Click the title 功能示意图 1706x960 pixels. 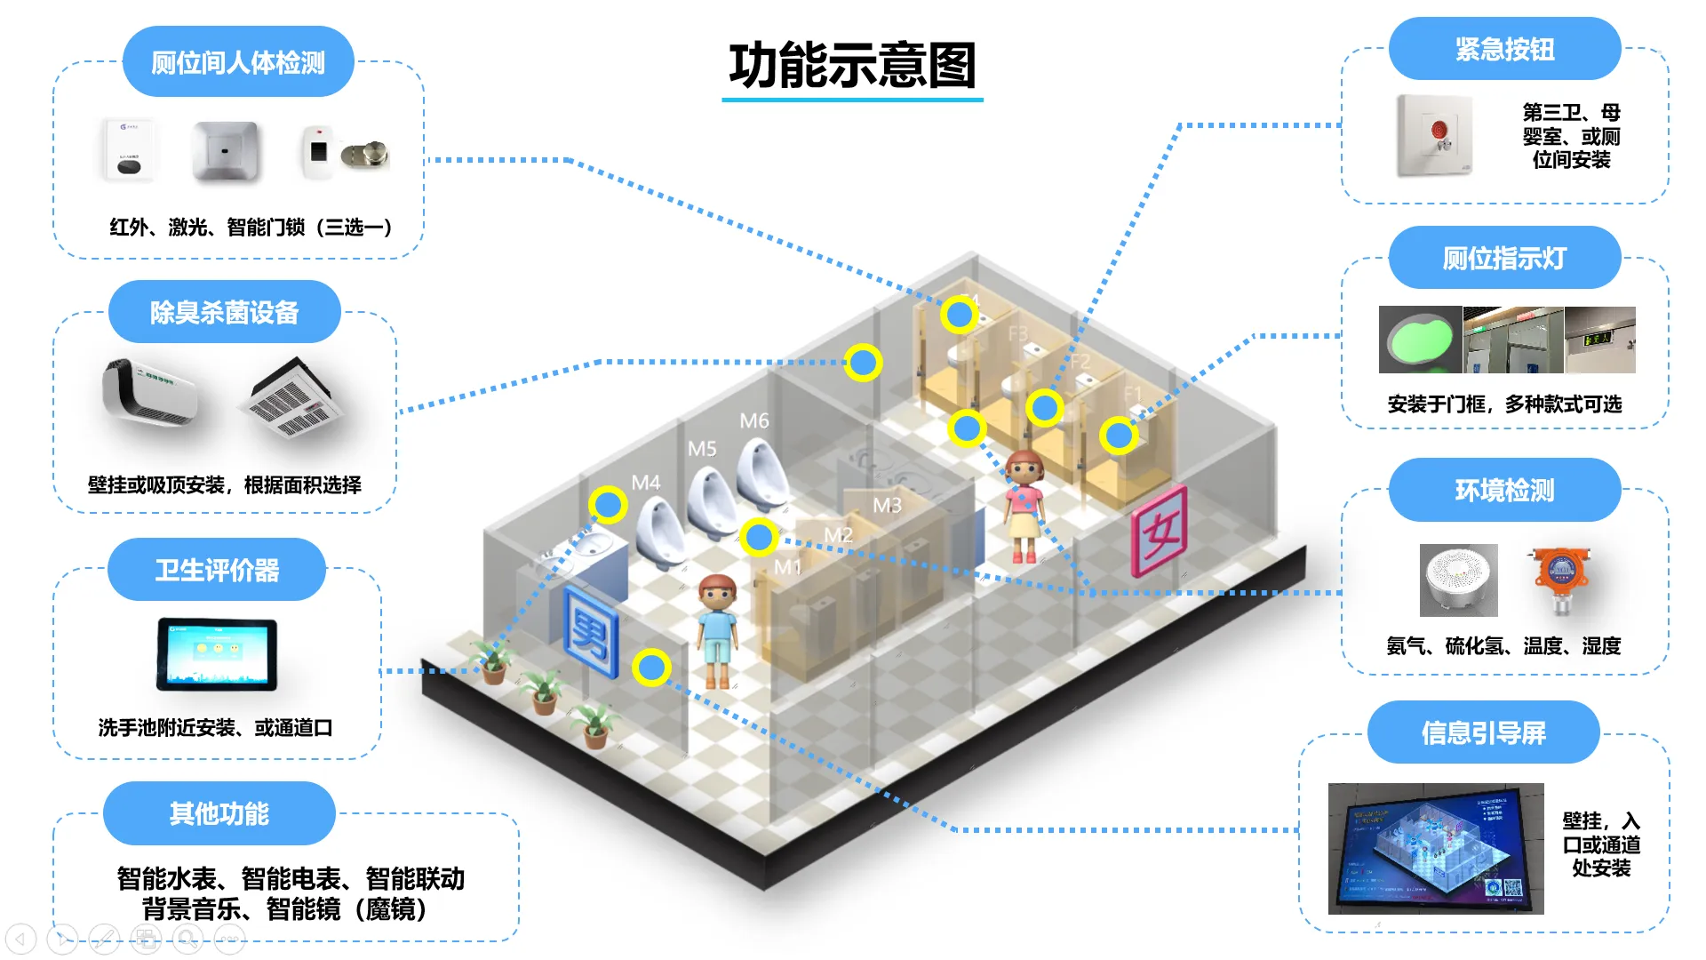[852, 66]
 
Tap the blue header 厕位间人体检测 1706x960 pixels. [238, 62]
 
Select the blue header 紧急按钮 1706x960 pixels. [1504, 49]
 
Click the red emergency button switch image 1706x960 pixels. [1435, 135]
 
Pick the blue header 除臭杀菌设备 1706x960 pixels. [224, 312]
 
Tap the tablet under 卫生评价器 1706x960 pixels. [217, 655]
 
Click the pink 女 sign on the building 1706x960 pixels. [1159, 532]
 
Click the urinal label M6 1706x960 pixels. [754, 420]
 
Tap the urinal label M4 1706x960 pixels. [646, 483]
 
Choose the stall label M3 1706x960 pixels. [887, 506]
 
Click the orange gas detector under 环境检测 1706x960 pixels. [1561, 580]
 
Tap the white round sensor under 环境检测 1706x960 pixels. [1458, 580]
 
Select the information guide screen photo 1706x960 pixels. [1436, 848]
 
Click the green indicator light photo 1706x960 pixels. [1420, 340]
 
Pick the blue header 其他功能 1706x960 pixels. [219, 813]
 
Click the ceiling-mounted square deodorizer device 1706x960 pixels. [291, 399]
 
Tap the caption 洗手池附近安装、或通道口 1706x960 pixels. [215, 728]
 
